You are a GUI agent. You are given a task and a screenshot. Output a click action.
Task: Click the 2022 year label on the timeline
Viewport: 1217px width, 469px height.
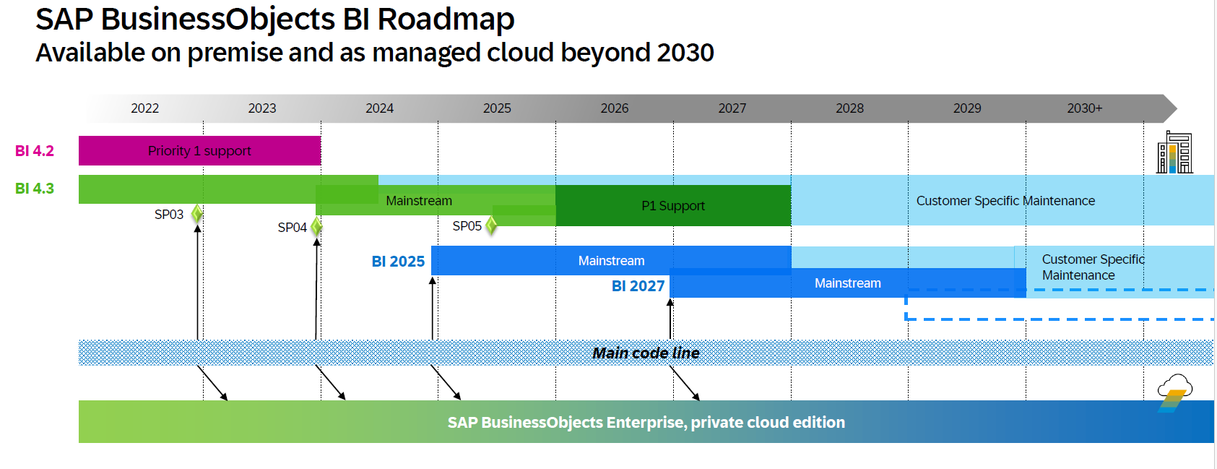pyautogui.click(x=144, y=108)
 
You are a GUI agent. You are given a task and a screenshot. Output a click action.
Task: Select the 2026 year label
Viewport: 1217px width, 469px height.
pyautogui.click(x=615, y=108)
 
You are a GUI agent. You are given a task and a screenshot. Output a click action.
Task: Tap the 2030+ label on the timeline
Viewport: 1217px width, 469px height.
pyautogui.click(x=1084, y=108)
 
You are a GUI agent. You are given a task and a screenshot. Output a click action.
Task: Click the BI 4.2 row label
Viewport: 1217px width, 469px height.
pyautogui.click(x=34, y=150)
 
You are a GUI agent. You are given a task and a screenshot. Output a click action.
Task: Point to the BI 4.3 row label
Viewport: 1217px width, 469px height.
pyautogui.click(x=34, y=188)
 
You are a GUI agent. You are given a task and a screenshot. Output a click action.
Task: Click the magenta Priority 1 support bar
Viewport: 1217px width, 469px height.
pyautogui.click(x=199, y=150)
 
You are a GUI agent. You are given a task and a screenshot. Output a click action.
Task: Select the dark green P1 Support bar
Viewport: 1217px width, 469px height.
pyautogui.click(x=673, y=205)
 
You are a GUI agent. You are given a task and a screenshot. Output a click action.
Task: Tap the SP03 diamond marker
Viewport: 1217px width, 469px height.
pyautogui.click(x=196, y=214)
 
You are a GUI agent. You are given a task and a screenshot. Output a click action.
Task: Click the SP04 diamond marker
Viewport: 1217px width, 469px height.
pyautogui.click(x=316, y=227)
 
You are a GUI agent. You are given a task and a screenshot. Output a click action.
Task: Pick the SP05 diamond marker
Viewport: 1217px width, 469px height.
pyautogui.click(x=491, y=225)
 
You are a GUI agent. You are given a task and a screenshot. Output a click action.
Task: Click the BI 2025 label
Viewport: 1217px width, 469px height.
pyautogui.click(x=398, y=262)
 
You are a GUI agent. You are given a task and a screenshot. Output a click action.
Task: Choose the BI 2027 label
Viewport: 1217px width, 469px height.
pyautogui.click(x=638, y=286)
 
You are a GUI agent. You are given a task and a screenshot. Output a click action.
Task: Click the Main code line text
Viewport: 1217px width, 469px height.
pyautogui.click(x=646, y=353)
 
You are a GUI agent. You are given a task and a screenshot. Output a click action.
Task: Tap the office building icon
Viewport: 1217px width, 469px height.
pyautogui.click(x=1174, y=152)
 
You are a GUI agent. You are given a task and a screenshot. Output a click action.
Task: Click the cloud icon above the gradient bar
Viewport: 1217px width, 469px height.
pyautogui.click(x=1174, y=393)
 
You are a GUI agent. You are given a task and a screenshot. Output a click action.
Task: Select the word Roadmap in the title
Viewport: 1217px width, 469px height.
pyautogui.click(x=446, y=20)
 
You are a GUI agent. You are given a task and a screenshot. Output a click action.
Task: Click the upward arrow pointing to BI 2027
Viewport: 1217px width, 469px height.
pyautogui.click(x=670, y=319)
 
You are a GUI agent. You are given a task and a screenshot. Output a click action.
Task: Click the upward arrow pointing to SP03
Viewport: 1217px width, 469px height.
pyautogui.click(x=198, y=282)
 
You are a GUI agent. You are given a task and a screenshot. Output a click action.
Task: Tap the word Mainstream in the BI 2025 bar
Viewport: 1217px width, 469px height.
pyautogui.click(x=611, y=261)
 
